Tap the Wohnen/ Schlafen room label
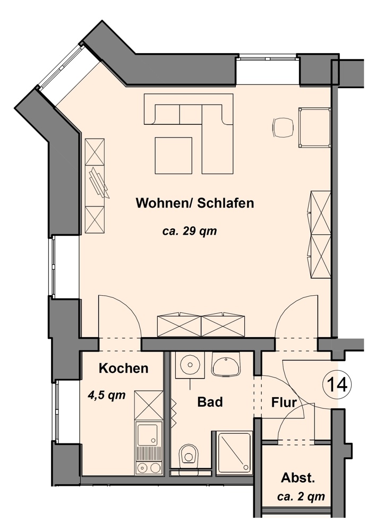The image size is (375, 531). pyautogui.click(x=195, y=203)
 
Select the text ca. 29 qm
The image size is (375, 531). pyautogui.click(x=190, y=232)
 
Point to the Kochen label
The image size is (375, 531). pyautogui.click(x=124, y=368)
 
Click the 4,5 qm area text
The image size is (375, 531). pyautogui.click(x=106, y=395)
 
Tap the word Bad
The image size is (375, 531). pyautogui.click(x=210, y=402)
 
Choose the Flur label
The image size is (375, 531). pyautogui.click(x=284, y=402)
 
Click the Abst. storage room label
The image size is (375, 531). pyautogui.click(x=298, y=478)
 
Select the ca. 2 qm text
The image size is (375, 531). pyautogui.click(x=301, y=496)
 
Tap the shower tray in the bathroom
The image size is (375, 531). pyautogui.click(x=234, y=452)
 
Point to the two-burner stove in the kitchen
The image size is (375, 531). pyautogui.click(x=149, y=468)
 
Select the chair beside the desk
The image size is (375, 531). pyautogui.click(x=283, y=127)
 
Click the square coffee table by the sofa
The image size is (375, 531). pyautogui.click(x=174, y=156)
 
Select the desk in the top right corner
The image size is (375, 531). pyautogui.click(x=314, y=127)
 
